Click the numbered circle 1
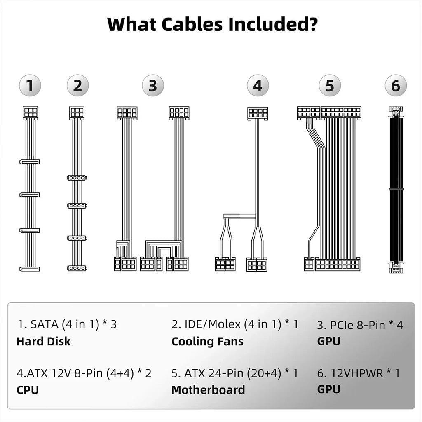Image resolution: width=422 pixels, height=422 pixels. (30, 86)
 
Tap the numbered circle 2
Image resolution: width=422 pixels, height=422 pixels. (77, 86)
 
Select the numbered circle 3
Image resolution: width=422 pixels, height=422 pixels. (153, 86)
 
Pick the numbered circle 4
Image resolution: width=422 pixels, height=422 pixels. (258, 86)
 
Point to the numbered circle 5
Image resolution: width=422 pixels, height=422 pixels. (330, 86)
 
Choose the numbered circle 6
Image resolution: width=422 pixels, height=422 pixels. (396, 86)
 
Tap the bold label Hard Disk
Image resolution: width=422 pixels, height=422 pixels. (43, 341)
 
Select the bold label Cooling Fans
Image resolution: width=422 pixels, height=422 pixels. (207, 341)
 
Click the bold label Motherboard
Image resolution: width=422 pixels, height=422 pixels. (208, 389)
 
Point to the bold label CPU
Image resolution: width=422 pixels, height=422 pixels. (28, 389)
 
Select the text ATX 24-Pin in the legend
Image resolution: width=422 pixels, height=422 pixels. (215, 373)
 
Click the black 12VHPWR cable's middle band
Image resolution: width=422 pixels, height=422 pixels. (396, 189)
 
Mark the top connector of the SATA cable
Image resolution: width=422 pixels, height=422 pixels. (30, 113)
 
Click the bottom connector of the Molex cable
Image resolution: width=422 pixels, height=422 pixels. (77, 268)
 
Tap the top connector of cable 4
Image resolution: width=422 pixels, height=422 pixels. (258, 113)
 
